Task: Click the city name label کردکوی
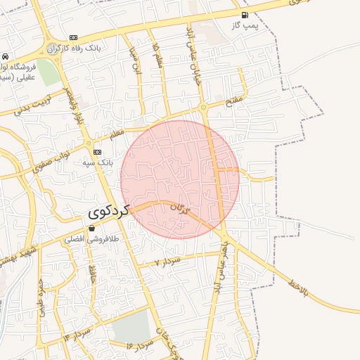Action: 110,210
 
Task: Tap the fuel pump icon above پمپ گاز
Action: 244,15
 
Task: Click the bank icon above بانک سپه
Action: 97,153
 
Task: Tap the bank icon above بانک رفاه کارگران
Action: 74,38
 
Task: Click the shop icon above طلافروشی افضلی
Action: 91,229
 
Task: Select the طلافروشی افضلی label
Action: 84,240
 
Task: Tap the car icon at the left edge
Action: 5,56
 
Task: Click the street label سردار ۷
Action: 168,261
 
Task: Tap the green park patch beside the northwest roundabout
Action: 46,72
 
